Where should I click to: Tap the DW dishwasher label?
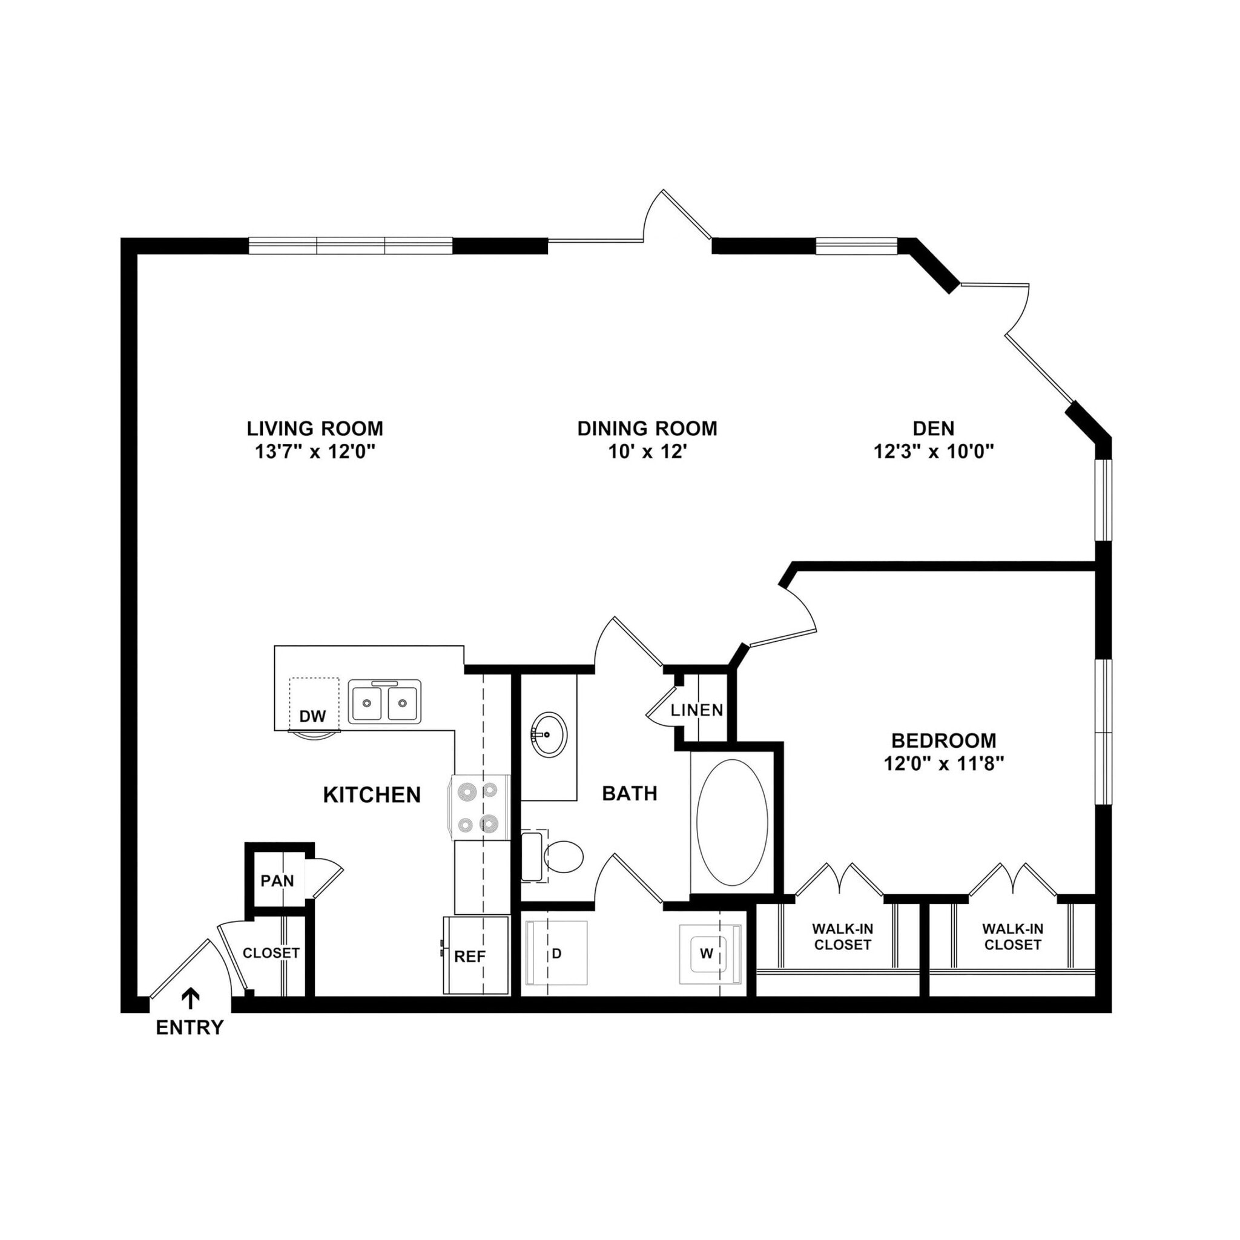(312, 716)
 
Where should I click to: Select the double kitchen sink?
(384, 702)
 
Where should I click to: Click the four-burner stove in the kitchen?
(480, 806)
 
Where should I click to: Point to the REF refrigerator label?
(469, 956)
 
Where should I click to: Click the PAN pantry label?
(277, 880)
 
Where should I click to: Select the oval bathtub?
(731, 822)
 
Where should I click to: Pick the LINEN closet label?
(696, 710)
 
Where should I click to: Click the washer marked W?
(707, 953)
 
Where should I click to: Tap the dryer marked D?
(556, 954)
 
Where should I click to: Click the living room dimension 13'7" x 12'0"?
(314, 452)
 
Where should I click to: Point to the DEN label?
(933, 428)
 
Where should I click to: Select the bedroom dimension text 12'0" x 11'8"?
(943, 763)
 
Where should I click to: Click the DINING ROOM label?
(647, 428)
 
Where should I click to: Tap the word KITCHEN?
(372, 795)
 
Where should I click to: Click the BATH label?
(629, 793)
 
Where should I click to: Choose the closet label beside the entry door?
(271, 953)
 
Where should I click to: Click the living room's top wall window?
(351, 246)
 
